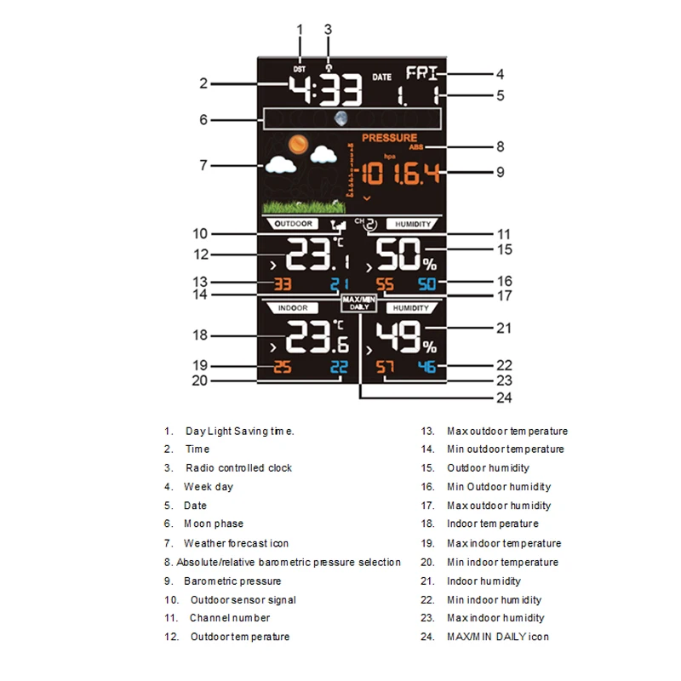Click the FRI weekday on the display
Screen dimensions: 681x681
point(423,73)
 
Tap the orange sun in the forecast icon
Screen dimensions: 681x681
point(296,145)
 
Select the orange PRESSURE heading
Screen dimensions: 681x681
point(389,137)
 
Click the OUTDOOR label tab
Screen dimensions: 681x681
point(290,224)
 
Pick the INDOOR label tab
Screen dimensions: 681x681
point(290,307)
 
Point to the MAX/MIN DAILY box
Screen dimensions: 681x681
point(358,303)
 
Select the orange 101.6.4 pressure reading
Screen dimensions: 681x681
point(400,175)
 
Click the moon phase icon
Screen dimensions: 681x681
point(342,119)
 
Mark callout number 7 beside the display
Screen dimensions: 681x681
point(203,165)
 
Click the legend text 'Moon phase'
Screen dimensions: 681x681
point(213,524)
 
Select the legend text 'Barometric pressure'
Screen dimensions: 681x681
point(232,581)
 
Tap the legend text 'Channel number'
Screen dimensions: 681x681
point(229,618)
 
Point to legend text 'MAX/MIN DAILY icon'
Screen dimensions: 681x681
point(498,637)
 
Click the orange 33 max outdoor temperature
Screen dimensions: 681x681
point(282,283)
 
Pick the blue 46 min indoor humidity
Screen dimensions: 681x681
point(426,367)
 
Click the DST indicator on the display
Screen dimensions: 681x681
point(298,69)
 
